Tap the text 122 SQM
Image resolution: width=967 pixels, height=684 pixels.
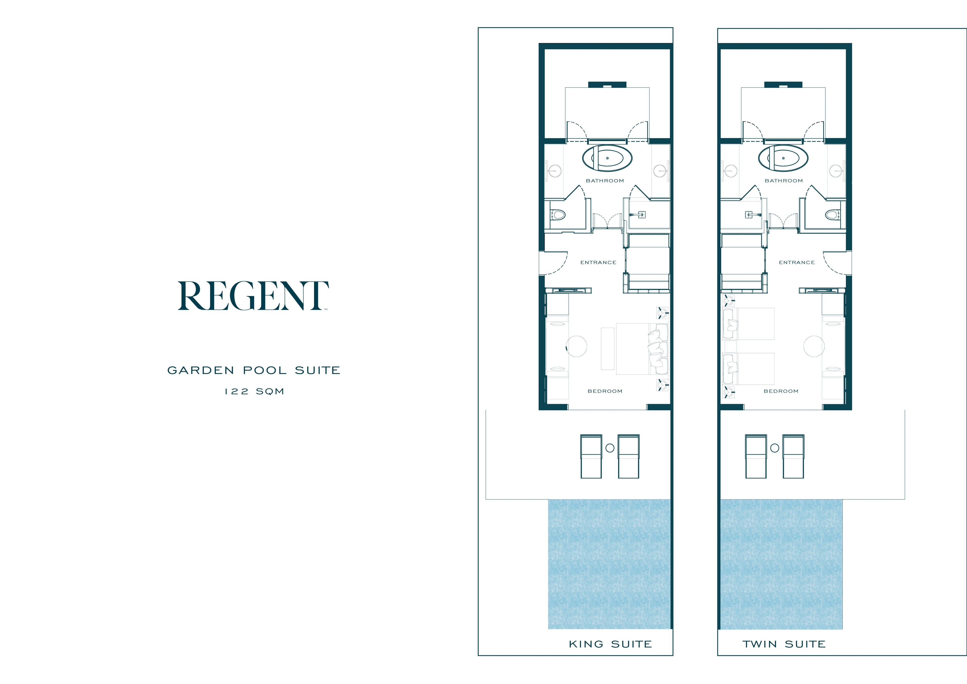(x=254, y=391)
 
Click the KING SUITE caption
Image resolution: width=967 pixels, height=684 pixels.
(x=610, y=644)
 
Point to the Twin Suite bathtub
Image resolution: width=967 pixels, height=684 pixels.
(x=783, y=158)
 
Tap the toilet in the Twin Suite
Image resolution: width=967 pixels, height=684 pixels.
(x=833, y=215)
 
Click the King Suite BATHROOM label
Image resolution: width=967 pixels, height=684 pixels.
(x=605, y=181)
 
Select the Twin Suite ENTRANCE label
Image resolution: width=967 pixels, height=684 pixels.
(x=796, y=262)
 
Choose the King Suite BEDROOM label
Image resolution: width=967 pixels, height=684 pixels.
(x=605, y=391)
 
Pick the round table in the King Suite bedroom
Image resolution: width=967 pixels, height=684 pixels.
(x=577, y=346)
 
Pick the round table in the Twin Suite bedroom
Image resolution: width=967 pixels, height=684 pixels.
(x=814, y=346)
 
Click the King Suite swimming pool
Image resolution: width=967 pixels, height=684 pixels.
(x=609, y=564)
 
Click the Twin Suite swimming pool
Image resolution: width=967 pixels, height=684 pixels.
(x=782, y=564)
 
